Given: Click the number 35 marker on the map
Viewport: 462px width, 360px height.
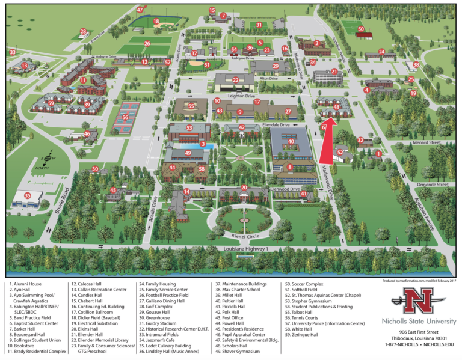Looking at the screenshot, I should coord(27,195).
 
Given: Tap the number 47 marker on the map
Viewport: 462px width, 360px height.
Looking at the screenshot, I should coord(140,10).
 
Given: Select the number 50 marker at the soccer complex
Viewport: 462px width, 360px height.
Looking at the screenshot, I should coord(360,29).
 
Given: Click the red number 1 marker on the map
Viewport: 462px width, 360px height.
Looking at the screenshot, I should coord(378,154).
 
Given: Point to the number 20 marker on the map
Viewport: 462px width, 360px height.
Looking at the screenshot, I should coord(244,188).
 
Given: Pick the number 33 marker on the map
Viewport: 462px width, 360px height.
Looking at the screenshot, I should coord(12,53).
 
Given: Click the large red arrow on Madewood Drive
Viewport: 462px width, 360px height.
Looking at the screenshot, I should coord(328,139).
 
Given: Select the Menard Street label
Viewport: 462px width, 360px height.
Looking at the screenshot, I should coord(427,143).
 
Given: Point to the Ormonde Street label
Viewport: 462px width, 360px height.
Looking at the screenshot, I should coord(434,185).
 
